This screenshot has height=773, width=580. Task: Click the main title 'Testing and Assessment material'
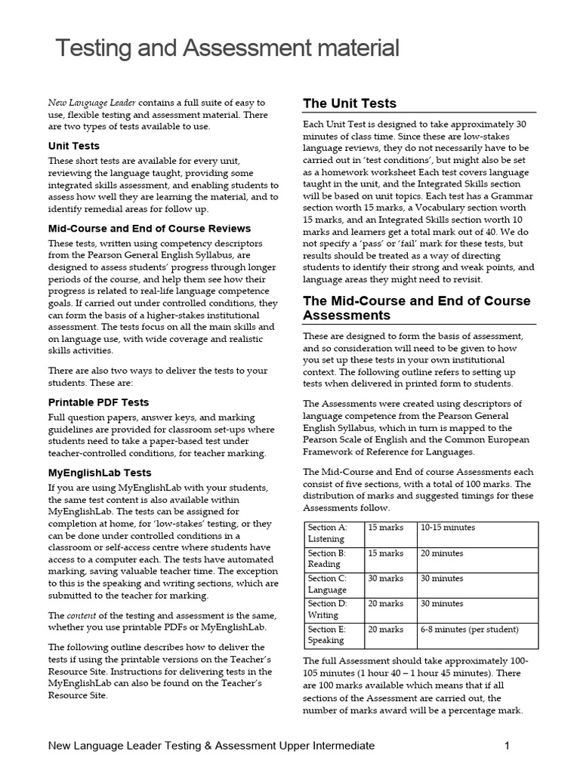click(227, 49)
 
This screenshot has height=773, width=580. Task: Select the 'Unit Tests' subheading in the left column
click(74, 146)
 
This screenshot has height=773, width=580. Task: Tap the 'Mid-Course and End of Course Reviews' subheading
click(150, 228)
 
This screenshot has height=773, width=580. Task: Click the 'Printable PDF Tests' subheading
click(99, 402)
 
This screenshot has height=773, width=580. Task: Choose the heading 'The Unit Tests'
click(349, 103)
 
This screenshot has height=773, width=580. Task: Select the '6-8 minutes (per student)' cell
click(469, 630)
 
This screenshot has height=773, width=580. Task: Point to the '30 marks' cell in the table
click(386, 579)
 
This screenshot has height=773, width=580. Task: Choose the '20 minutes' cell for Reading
click(442, 553)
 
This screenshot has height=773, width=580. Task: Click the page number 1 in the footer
click(507, 746)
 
